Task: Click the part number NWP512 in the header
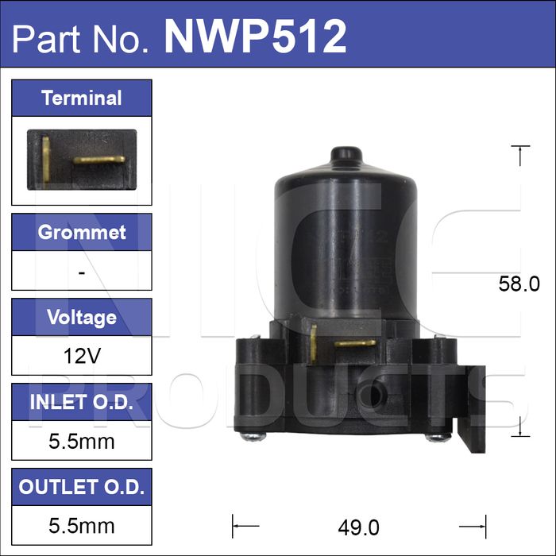pyautogui.click(x=255, y=37)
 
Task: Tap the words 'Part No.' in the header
pyautogui.click(x=80, y=38)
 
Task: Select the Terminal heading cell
pyautogui.click(x=82, y=98)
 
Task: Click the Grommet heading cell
pyautogui.click(x=82, y=232)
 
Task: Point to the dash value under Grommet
pyautogui.click(x=82, y=272)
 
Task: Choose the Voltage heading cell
pyautogui.click(x=82, y=317)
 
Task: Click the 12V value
pyautogui.click(x=82, y=356)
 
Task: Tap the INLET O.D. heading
pyautogui.click(x=82, y=402)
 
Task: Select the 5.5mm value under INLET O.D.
pyautogui.click(x=82, y=441)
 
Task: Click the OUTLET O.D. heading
pyautogui.click(x=82, y=487)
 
